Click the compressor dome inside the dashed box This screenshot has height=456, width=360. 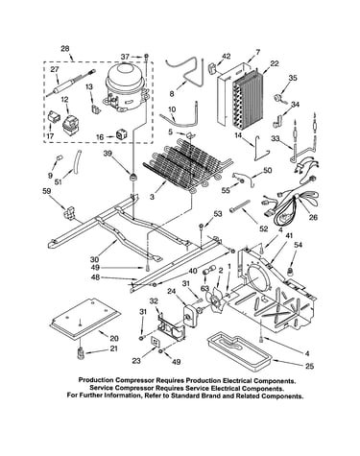click(x=125, y=87)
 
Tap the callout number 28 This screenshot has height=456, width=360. click(x=65, y=49)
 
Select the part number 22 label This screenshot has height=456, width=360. click(x=275, y=63)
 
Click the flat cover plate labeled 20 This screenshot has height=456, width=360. click(x=85, y=318)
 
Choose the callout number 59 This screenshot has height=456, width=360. click(x=47, y=191)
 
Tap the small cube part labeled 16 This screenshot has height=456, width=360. click(x=121, y=134)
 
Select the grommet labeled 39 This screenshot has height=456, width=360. click(x=132, y=176)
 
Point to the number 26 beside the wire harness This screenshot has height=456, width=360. click(x=313, y=217)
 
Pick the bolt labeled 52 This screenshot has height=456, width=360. click(x=240, y=205)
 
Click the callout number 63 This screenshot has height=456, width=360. click(x=204, y=289)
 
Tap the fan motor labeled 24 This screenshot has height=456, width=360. click(x=191, y=316)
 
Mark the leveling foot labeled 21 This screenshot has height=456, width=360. click(x=80, y=352)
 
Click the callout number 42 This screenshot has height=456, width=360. click(x=226, y=57)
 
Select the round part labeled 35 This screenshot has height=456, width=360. click(x=279, y=97)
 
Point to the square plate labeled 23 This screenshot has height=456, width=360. click(x=156, y=342)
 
